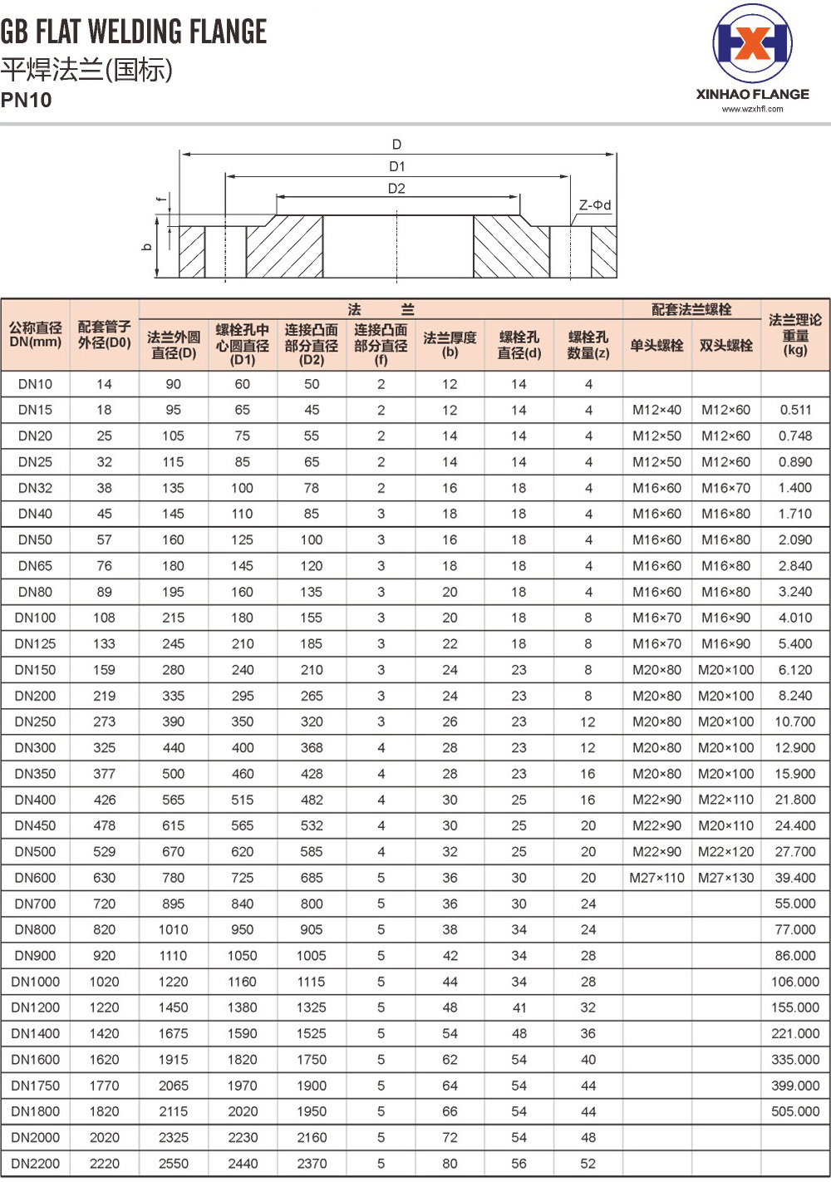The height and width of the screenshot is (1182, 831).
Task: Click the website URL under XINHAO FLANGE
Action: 752,109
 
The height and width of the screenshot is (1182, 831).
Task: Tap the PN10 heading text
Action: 26,101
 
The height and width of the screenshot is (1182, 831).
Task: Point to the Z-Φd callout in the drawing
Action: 595,204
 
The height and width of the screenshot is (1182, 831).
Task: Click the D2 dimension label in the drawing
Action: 396,189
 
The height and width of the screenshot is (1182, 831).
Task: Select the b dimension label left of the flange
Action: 147,247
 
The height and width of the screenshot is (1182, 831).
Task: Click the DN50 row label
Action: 35,539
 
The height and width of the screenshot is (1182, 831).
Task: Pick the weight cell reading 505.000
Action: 794,1111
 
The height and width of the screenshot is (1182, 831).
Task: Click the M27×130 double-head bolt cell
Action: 725,878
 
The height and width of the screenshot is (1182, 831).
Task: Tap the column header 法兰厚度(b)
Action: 450,344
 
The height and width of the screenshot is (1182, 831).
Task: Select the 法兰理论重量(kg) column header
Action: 794,334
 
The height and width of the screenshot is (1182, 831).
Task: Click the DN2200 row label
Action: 35,1164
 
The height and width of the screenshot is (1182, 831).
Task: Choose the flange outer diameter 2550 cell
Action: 173,1164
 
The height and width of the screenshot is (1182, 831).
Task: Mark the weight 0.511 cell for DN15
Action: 794,410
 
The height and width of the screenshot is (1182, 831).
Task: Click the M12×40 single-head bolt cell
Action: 656,410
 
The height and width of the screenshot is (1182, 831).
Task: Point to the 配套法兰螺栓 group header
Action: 691,309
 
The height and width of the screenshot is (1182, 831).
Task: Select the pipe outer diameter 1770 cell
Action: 104,1086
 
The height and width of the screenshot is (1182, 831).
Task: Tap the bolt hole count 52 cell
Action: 588,1164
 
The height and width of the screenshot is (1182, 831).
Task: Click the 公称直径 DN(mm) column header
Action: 35,334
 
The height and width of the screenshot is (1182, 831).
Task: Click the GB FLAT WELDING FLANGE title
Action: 133,32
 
